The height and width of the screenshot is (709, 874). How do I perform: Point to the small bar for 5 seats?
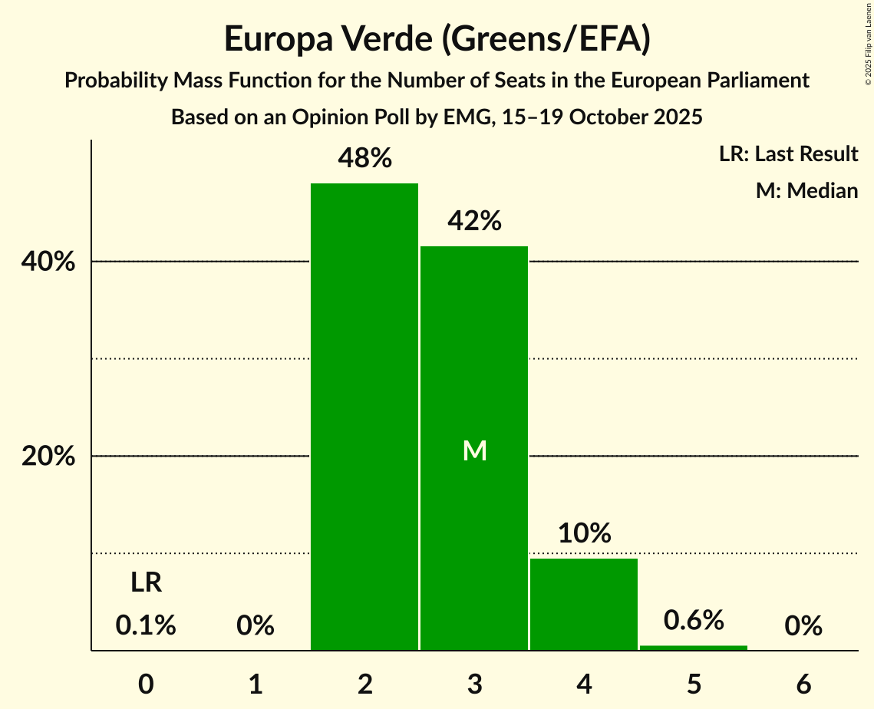tap(694, 648)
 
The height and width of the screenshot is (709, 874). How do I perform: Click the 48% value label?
tap(364, 159)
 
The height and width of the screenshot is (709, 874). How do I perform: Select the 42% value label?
tap(474, 222)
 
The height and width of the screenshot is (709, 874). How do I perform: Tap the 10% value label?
tap(584, 533)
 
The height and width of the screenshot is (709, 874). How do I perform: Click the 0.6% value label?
tap(694, 621)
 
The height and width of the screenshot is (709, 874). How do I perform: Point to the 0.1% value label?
tap(146, 626)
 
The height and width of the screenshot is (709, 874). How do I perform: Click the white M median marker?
tap(475, 451)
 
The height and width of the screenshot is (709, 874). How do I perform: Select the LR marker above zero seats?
tap(146, 583)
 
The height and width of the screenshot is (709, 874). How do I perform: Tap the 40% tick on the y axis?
tap(47, 262)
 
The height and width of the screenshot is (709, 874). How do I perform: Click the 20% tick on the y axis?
tap(47, 457)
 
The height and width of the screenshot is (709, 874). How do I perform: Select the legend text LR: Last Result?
tap(788, 154)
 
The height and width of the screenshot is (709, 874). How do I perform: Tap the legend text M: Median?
tap(806, 191)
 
